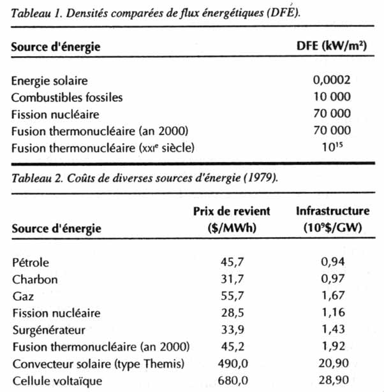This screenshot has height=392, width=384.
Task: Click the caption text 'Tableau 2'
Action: coord(35,177)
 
